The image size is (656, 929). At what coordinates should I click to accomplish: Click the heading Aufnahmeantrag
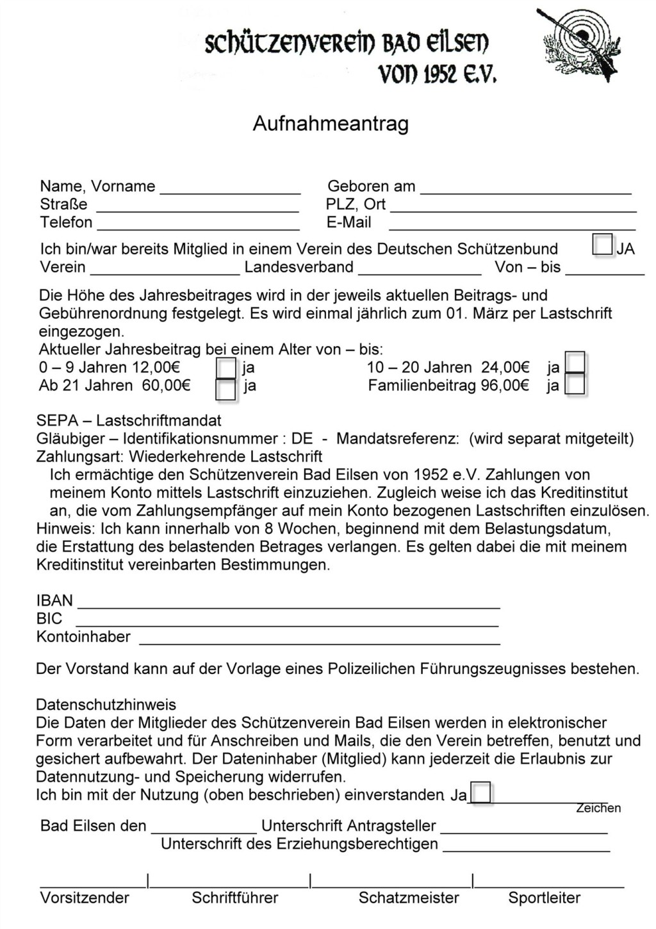coord(331,124)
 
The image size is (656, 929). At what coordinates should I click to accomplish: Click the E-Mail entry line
coord(512,226)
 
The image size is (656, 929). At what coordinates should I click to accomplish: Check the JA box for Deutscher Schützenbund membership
coord(603,245)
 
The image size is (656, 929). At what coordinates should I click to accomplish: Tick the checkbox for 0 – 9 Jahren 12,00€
coord(226,368)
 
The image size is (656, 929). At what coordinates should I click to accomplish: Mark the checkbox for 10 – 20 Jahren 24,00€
coord(575,363)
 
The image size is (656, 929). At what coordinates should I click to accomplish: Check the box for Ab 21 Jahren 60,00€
coord(226,389)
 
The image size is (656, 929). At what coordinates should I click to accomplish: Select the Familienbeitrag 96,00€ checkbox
coord(575,384)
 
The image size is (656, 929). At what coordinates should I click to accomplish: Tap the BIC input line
coord(287,623)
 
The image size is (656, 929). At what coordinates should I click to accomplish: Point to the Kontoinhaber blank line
coord(319,641)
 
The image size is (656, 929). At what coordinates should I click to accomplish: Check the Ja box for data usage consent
coord(480,793)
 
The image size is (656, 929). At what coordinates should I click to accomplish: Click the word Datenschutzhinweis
coord(106,705)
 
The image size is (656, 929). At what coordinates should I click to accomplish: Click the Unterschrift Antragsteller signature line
coord(524,830)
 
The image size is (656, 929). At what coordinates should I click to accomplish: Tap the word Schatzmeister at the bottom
coord(409,898)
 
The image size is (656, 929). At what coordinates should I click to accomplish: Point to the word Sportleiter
coord(545,898)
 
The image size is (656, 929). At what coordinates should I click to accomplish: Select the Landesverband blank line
coord(420,271)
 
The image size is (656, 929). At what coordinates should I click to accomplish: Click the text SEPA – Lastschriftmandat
coord(129,420)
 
